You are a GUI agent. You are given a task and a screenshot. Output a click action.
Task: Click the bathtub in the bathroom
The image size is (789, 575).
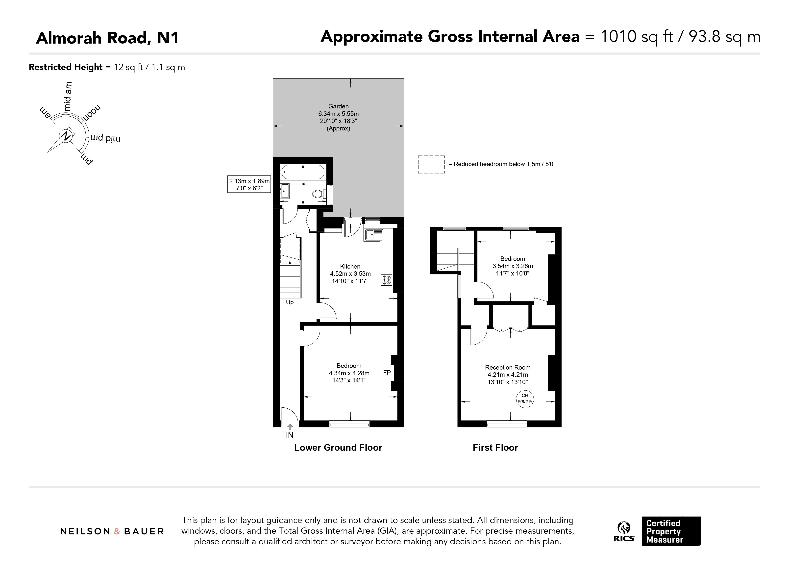click(303, 172)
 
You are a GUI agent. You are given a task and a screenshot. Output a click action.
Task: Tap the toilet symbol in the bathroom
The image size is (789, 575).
click(318, 194)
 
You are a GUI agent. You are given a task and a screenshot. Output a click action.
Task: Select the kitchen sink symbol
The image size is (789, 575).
click(373, 235)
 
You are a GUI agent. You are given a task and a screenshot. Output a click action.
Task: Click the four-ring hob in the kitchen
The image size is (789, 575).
click(387, 280)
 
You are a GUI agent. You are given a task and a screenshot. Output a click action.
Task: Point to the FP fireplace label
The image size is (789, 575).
click(387, 373)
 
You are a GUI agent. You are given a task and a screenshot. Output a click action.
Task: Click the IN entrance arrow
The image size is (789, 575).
click(290, 427)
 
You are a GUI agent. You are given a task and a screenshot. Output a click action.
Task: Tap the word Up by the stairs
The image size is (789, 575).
click(290, 302)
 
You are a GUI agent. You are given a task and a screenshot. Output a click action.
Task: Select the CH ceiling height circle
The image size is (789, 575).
click(525, 399)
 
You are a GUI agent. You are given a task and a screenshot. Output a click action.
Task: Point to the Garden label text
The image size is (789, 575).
click(338, 106)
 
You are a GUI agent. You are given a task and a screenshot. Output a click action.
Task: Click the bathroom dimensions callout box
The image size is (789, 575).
click(249, 184)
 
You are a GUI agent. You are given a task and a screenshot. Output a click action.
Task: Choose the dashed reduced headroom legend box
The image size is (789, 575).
click(431, 164)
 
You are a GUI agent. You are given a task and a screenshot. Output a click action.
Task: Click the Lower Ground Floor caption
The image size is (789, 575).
click(338, 448)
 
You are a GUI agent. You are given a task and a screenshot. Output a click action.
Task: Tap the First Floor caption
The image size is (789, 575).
click(495, 448)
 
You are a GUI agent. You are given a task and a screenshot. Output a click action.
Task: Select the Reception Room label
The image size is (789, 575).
click(507, 368)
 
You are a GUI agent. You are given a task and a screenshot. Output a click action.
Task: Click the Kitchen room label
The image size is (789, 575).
click(350, 267)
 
